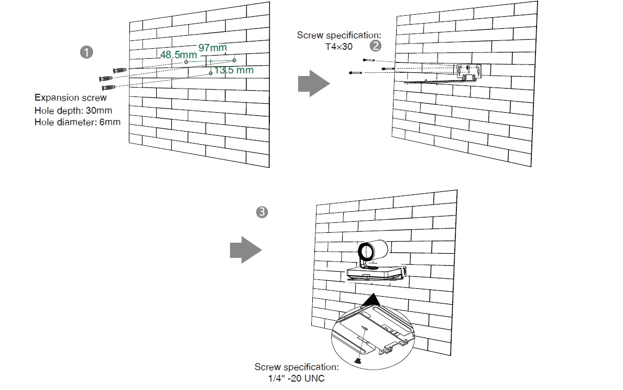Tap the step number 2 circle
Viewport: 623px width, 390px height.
pyautogui.click(x=375, y=46)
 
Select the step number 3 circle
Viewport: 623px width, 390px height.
pyautogui.click(x=261, y=212)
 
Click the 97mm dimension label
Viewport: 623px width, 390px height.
pyautogui.click(x=213, y=48)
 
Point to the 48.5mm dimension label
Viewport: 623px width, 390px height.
pyautogui.click(x=179, y=55)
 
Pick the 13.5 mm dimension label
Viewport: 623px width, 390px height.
pyautogui.click(x=234, y=70)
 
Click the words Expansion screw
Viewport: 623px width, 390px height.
pyautogui.click(x=71, y=97)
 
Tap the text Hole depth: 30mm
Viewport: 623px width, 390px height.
pyautogui.click(x=73, y=111)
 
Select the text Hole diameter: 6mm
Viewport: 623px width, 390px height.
pyautogui.click(x=78, y=123)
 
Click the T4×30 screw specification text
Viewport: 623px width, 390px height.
pyautogui.click(x=339, y=47)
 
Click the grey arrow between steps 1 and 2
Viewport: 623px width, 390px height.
pyautogui.click(x=313, y=84)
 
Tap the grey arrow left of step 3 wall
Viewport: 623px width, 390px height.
pyautogui.click(x=245, y=250)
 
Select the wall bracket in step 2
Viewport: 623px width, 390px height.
pyautogui.click(x=468, y=72)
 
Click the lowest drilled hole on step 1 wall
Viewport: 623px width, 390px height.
pyautogui.click(x=211, y=73)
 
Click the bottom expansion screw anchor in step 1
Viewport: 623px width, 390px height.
pyautogui.click(x=109, y=87)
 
